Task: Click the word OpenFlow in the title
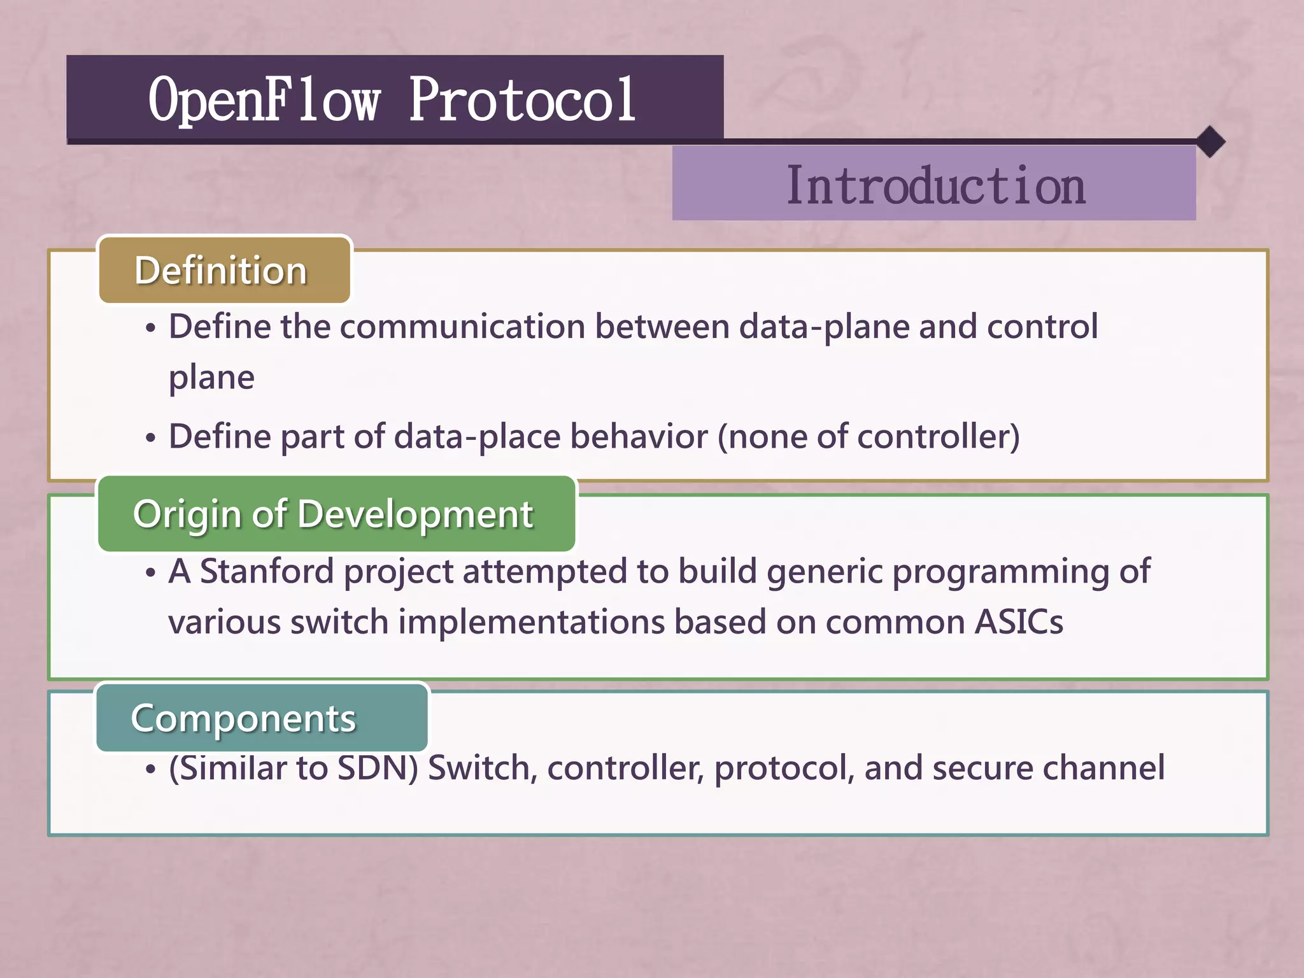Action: [x=264, y=99]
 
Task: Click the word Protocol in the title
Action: [x=522, y=99]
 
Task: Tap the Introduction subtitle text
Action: [x=935, y=185]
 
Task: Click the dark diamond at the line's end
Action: [x=1210, y=141]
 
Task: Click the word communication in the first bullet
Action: [x=462, y=327]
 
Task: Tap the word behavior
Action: [x=639, y=437]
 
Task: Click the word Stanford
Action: [x=267, y=571]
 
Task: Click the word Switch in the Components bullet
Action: [x=478, y=768]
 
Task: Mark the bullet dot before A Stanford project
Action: [x=150, y=573]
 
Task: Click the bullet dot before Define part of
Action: [x=150, y=439]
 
